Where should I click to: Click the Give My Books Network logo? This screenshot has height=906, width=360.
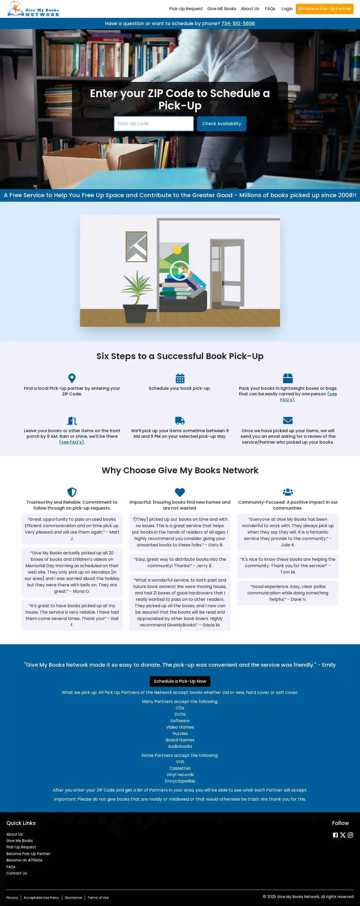33,9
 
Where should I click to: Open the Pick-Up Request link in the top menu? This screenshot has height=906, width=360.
186,9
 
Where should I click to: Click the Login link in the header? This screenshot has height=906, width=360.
287,9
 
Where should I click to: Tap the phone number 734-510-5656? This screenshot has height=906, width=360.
238,23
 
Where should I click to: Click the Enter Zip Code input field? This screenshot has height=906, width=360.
154,124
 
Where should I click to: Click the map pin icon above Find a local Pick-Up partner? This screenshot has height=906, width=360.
72,378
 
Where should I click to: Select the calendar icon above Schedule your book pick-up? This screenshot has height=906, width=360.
180,378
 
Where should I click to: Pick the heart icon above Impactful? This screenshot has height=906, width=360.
180,492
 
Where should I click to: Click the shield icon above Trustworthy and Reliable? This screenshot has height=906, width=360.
72,492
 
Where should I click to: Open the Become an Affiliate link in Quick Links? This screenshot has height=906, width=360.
24,860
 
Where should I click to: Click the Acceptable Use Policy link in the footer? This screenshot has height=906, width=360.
42,897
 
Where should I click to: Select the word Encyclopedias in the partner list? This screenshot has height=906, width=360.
180,781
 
